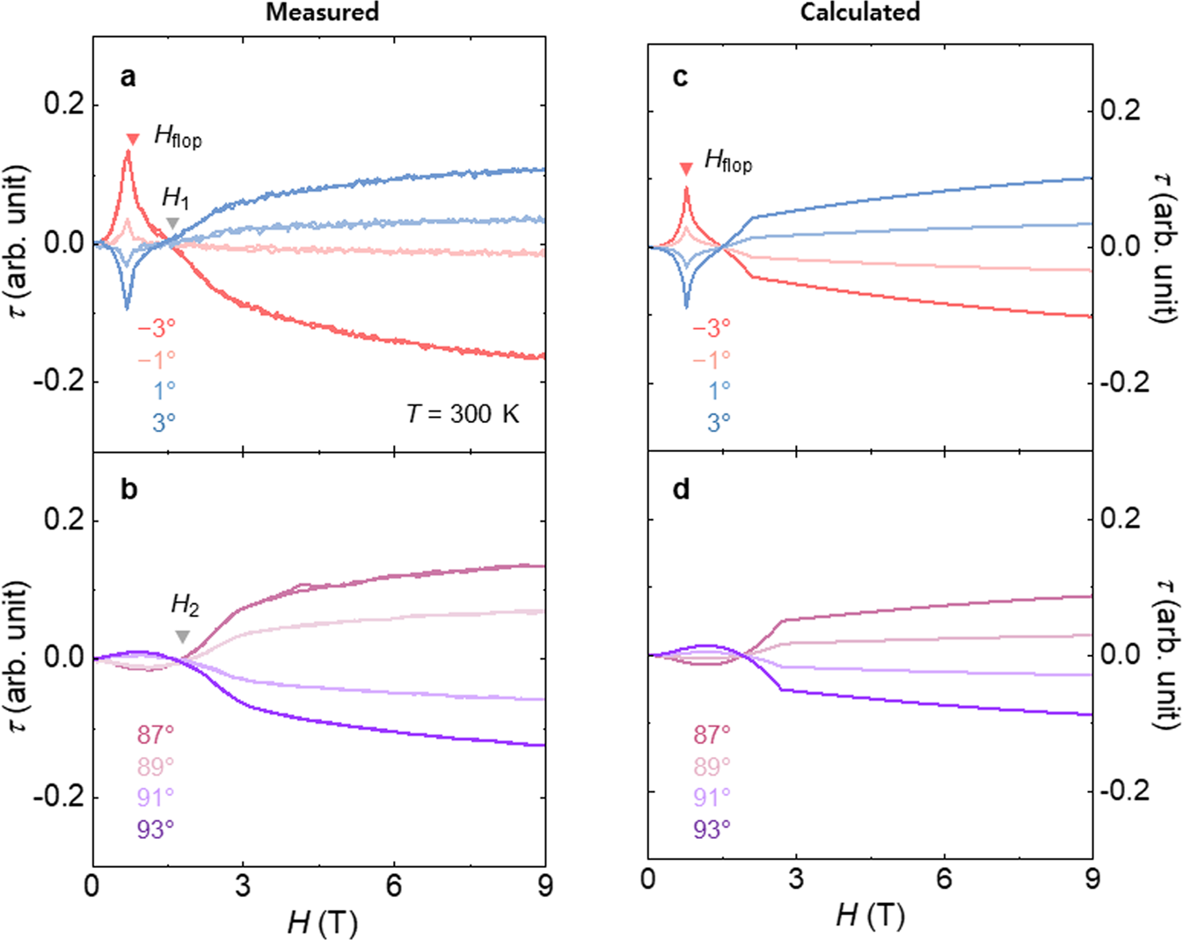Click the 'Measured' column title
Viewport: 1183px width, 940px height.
(x=322, y=12)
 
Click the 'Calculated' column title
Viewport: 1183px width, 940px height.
(x=859, y=12)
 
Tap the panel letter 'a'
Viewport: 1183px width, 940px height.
(x=128, y=77)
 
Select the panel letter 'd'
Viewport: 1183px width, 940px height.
(x=681, y=489)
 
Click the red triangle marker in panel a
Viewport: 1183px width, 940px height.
(x=133, y=139)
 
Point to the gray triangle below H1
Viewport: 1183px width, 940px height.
(x=173, y=223)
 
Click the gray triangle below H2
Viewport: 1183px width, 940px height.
(x=182, y=637)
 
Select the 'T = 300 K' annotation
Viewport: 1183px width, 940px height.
(x=463, y=413)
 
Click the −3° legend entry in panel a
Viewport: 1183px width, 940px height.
(x=156, y=327)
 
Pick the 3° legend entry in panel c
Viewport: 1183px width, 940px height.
(x=719, y=422)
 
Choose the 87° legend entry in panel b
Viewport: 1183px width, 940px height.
(x=155, y=734)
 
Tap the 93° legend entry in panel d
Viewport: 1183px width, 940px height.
(x=712, y=828)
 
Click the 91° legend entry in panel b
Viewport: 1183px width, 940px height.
(x=155, y=797)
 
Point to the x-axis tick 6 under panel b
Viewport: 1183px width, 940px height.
(x=394, y=886)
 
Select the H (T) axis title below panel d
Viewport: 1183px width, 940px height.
(x=870, y=915)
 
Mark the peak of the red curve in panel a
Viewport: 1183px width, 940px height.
(x=128, y=152)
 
